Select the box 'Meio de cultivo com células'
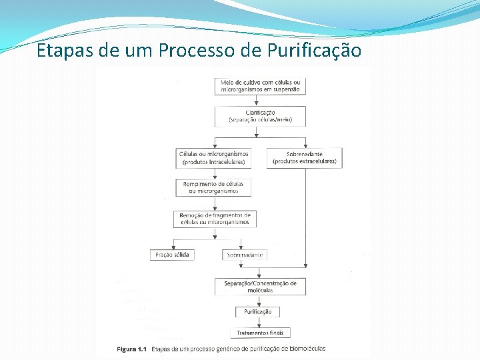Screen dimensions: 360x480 [260, 85]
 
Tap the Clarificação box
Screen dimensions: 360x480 [260, 116]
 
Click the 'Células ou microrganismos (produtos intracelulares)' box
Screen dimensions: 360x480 [214, 157]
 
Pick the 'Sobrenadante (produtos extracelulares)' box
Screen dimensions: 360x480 [305, 157]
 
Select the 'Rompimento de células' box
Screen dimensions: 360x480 [213, 187]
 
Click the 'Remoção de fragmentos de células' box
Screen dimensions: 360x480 [215, 219]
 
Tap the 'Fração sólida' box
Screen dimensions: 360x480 [173, 254]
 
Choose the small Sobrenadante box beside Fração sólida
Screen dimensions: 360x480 [245, 254]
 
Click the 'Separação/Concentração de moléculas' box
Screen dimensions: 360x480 [260, 287]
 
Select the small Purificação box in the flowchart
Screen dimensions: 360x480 [257, 311]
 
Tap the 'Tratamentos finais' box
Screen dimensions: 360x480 [260, 332]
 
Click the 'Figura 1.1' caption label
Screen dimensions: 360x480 [131, 349]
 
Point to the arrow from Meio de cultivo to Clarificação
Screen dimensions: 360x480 [260, 100]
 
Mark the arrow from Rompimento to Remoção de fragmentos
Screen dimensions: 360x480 [214, 203]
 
